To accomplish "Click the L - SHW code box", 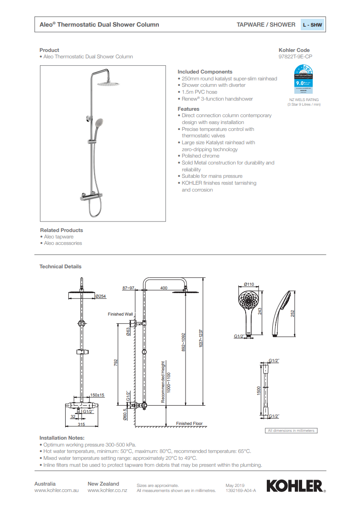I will pos(313,25).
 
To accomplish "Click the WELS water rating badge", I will pos(303,80).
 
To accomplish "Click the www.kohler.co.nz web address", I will pos(107,491).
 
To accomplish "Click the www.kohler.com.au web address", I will pos(57,491).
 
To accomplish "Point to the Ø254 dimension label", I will pos(101,296).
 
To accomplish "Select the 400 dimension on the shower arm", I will pos(163,288).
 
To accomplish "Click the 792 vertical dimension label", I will pos(116,363).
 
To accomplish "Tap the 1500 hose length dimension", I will pos(259,390).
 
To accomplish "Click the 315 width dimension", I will pos(81,424).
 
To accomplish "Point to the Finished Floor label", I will pos(189,424).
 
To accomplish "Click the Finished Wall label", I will pos(120,314).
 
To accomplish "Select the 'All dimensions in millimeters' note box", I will pos(292,430).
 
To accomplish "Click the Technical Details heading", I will pos(60,266).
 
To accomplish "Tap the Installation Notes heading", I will pos(62,438).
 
